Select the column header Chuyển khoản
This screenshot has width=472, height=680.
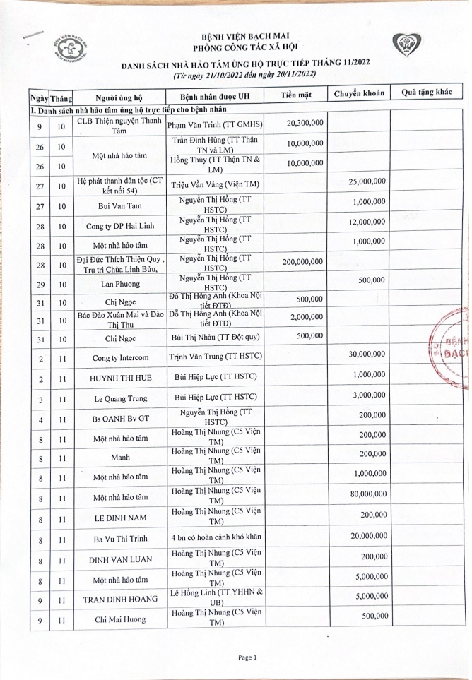(x=359, y=94)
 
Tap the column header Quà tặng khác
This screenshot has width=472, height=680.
(x=426, y=94)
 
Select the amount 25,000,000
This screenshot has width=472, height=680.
(x=367, y=181)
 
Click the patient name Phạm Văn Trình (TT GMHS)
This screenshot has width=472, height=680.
(x=214, y=124)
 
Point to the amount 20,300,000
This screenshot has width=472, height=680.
(x=305, y=123)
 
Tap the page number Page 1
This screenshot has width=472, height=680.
(x=247, y=657)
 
